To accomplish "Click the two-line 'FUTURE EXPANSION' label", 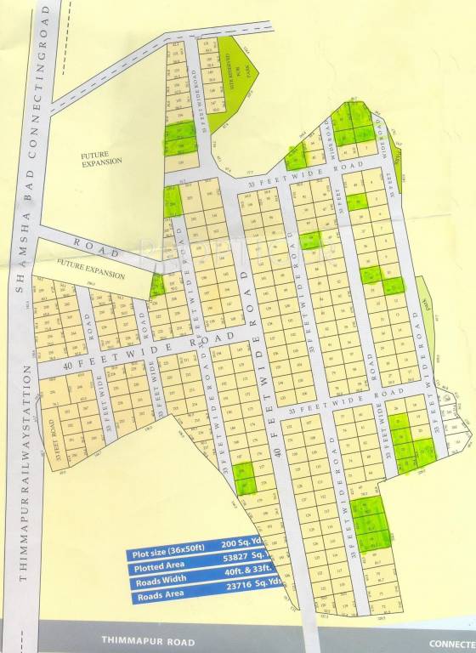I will [101, 157].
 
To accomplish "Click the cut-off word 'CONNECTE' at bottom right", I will [451, 642].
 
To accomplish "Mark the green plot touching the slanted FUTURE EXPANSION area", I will [156, 285].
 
